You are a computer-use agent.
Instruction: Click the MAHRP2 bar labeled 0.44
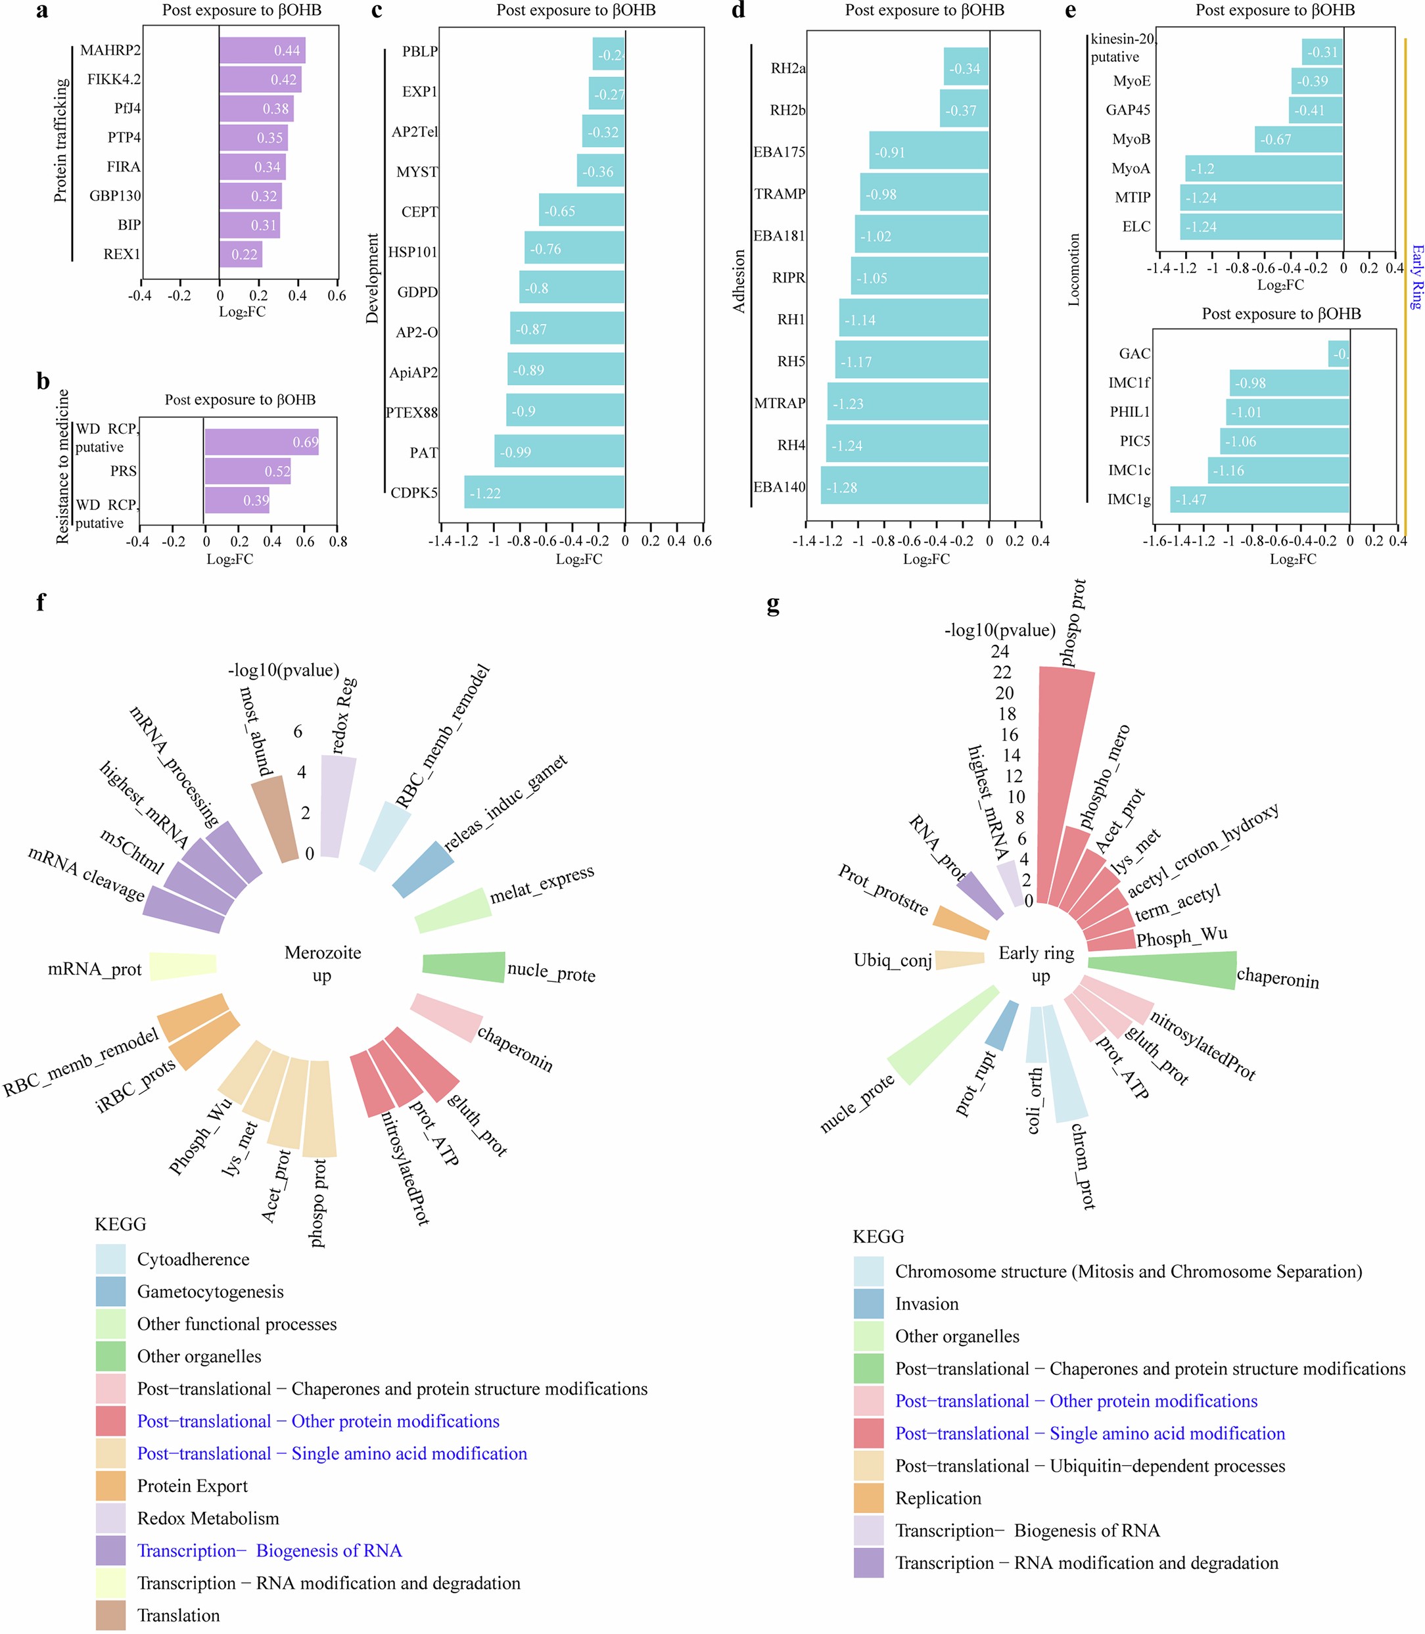tap(262, 50)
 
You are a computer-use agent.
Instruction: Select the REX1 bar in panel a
tap(241, 254)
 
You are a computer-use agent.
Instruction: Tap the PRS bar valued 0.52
tap(247, 471)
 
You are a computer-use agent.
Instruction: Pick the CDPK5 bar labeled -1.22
tap(545, 492)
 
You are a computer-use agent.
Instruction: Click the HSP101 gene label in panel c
tap(412, 252)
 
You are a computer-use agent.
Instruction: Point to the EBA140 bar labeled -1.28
tap(905, 486)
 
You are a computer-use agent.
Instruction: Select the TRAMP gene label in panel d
tap(780, 194)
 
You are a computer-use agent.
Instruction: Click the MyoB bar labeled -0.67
tap(1299, 139)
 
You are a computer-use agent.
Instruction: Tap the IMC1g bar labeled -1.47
tap(1259, 500)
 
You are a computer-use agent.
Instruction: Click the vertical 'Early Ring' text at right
tap(1415, 277)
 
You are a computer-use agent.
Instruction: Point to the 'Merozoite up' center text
tap(322, 964)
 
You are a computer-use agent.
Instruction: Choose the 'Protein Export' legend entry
tap(192, 1485)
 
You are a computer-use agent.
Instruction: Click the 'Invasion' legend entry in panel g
tap(926, 1303)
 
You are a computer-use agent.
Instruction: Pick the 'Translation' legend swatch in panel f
tap(110, 1615)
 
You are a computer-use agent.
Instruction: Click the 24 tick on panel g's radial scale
tap(1000, 651)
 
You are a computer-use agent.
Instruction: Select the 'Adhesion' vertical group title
tap(739, 281)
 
